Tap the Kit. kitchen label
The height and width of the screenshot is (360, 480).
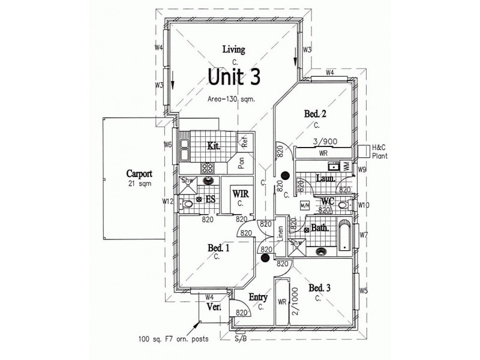pos(213,145)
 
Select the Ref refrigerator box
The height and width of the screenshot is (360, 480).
pos(245,142)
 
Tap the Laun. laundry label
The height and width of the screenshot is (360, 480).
pos(326,178)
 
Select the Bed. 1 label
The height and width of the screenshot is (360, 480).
pos(218,247)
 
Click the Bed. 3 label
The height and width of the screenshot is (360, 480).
pos(320,288)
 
